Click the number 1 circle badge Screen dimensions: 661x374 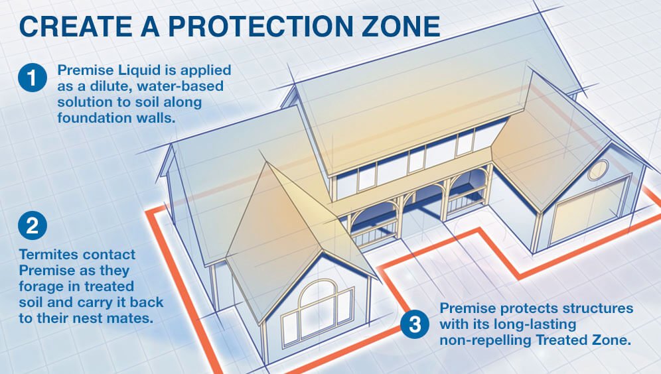33,78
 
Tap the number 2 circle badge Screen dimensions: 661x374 33,225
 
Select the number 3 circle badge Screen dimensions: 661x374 415,324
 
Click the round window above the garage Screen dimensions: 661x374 598,170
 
